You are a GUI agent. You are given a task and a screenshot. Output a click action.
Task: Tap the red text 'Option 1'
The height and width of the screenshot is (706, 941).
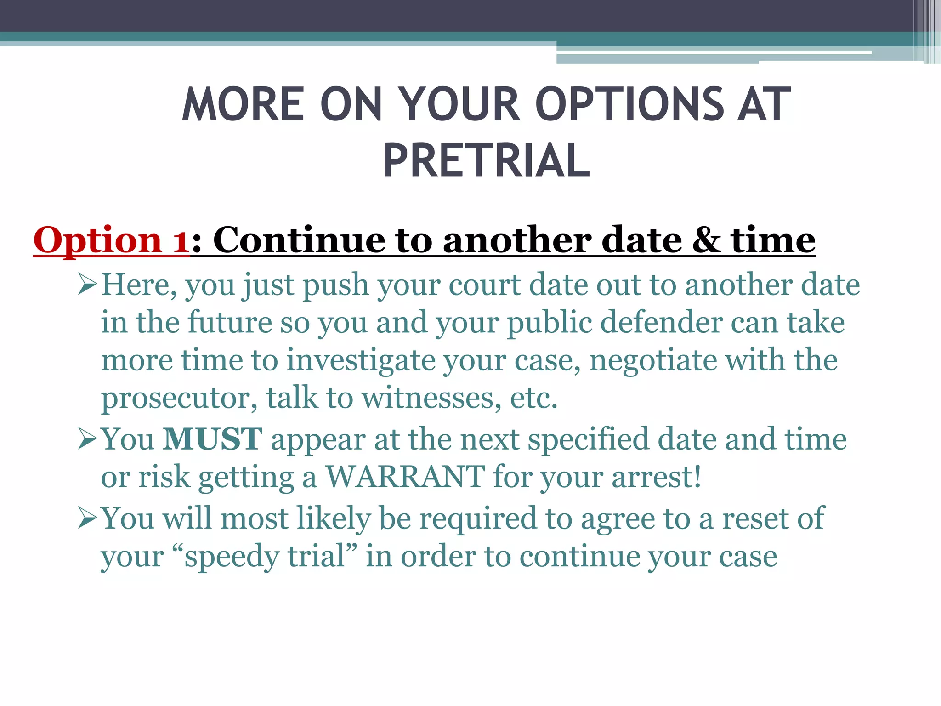111,240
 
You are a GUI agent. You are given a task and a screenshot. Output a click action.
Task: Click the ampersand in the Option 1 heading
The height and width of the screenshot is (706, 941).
706,240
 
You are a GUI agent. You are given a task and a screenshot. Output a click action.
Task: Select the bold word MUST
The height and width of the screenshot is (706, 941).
213,439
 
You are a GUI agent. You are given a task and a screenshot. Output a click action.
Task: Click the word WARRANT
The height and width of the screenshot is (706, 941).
405,477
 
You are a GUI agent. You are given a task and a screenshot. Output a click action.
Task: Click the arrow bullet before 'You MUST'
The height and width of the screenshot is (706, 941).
87,438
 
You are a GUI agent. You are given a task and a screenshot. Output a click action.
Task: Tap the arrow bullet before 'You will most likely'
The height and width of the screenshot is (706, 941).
87,518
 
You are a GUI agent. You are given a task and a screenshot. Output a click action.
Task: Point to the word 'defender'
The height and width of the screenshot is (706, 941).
661,322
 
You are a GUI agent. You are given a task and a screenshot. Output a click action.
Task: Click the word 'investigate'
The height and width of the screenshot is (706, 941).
361,360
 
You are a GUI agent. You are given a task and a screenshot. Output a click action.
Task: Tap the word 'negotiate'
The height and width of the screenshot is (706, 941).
652,360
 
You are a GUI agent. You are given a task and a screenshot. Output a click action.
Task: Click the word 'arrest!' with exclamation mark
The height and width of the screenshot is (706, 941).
657,477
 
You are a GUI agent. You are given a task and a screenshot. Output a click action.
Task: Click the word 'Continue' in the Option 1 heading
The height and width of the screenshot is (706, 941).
299,240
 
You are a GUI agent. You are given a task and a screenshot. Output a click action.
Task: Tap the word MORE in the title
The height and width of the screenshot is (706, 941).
243,105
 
